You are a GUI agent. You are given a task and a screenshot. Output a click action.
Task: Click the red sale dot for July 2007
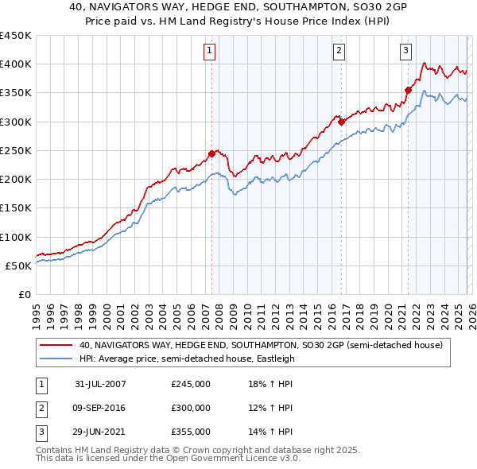[212, 153]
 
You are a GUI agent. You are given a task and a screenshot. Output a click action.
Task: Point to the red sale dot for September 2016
[341, 122]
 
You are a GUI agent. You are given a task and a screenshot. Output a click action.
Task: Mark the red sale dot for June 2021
[408, 90]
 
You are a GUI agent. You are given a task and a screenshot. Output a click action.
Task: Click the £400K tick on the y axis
[16, 64]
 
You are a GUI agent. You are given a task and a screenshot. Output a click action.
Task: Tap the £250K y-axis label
[16, 150]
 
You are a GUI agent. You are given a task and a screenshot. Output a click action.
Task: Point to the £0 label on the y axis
[24, 294]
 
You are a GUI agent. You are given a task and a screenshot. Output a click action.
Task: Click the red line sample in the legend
[56, 345]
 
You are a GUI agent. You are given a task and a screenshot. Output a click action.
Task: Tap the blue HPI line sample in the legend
[56, 359]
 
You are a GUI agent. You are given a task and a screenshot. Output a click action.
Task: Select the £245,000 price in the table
[191, 384]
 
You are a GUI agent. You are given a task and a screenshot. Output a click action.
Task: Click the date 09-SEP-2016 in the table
[100, 408]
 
